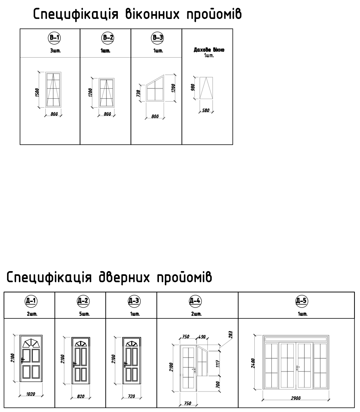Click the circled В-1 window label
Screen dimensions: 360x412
pyautogui.click(x=54, y=37)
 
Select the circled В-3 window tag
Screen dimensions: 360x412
pyautogui.click(x=158, y=37)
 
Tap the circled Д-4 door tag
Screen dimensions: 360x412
pyautogui.click(x=195, y=301)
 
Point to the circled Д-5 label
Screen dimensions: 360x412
pyautogui.click(x=301, y=301)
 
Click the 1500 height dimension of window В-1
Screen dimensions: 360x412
pyautogui.click(x=37, y=92)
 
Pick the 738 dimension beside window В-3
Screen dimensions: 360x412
pyautogui.click(x=139, y=93)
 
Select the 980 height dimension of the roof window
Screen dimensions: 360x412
pyautogui.click(x=193, y=87)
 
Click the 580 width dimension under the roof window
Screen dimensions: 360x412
pyautogui.click(x=206, y=110)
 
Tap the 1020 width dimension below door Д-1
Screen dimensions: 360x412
pyautogui.click(x=30, y=394)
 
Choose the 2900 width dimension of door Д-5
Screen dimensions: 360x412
pyautogui.click(x=296, y=398)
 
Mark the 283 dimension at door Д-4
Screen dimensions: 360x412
pyautogui.click(x=231, y=335)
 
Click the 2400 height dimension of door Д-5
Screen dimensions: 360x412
pyautogui.click(x=253, y=363)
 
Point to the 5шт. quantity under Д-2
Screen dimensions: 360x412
pyautogui.click(x=84, y=314)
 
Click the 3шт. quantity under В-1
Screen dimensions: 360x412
pyautogui.click(x=56, y=51)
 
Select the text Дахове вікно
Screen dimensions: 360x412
pyautogui.click(x=209, y=50)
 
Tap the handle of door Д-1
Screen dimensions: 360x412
pyautogui.click(x=22, y=360)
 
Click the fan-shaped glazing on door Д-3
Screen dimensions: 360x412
pyautogui.click(x=132, y=344)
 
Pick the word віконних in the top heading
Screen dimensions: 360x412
pyautogui.click(x=153, y=14)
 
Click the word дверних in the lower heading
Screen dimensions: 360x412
pyautogui.click(x=124, y=277)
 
